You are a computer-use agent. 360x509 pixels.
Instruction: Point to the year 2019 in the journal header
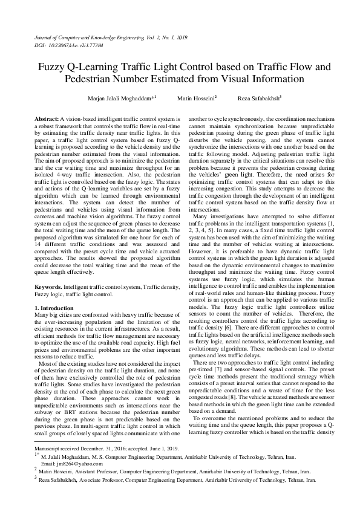(182, 37)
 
